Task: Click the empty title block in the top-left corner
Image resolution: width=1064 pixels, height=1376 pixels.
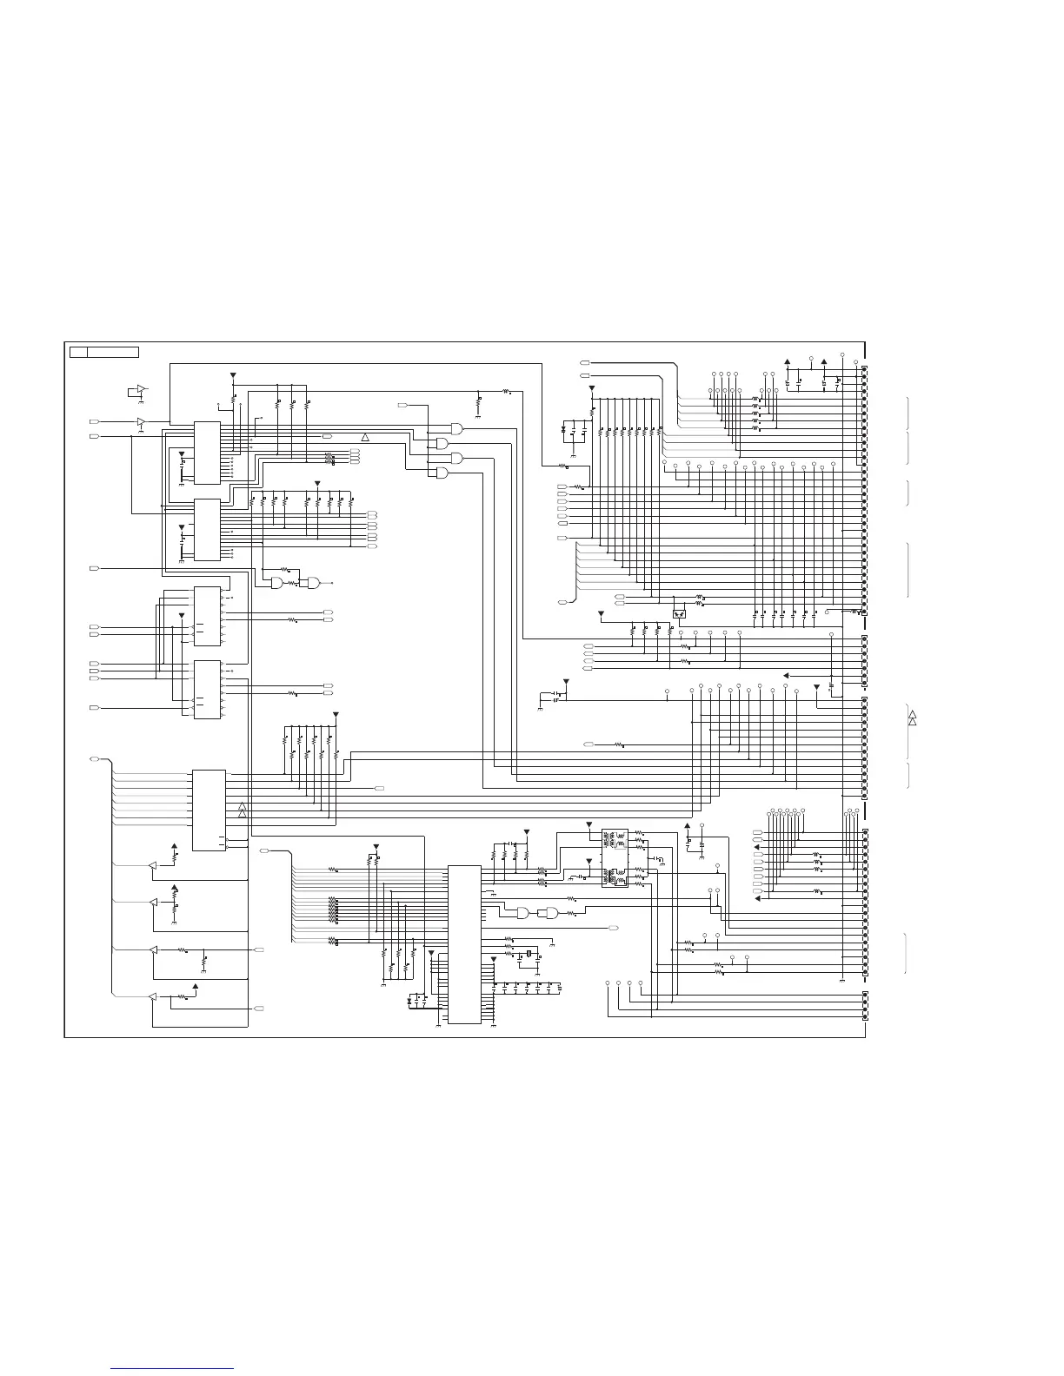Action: (104, 352)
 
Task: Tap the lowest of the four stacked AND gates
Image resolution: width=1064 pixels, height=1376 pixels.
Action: (442, 473)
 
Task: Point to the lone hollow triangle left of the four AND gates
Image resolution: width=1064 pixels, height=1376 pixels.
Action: (366, 434)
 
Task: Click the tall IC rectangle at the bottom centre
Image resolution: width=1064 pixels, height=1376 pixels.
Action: (464, 944)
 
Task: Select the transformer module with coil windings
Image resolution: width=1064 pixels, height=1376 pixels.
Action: (615, 858)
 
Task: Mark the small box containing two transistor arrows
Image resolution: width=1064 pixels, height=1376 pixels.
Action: (680, 613)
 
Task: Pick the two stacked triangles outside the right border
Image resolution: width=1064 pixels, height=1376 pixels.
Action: (912, 718)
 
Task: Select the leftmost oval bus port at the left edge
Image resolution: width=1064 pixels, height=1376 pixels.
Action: (95, 760)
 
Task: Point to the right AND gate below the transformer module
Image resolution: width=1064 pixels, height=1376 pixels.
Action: (549, 913)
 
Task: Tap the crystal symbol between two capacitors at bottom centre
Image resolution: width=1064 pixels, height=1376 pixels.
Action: (528, 956)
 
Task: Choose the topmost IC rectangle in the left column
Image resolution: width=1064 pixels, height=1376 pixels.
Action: (207, 452)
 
